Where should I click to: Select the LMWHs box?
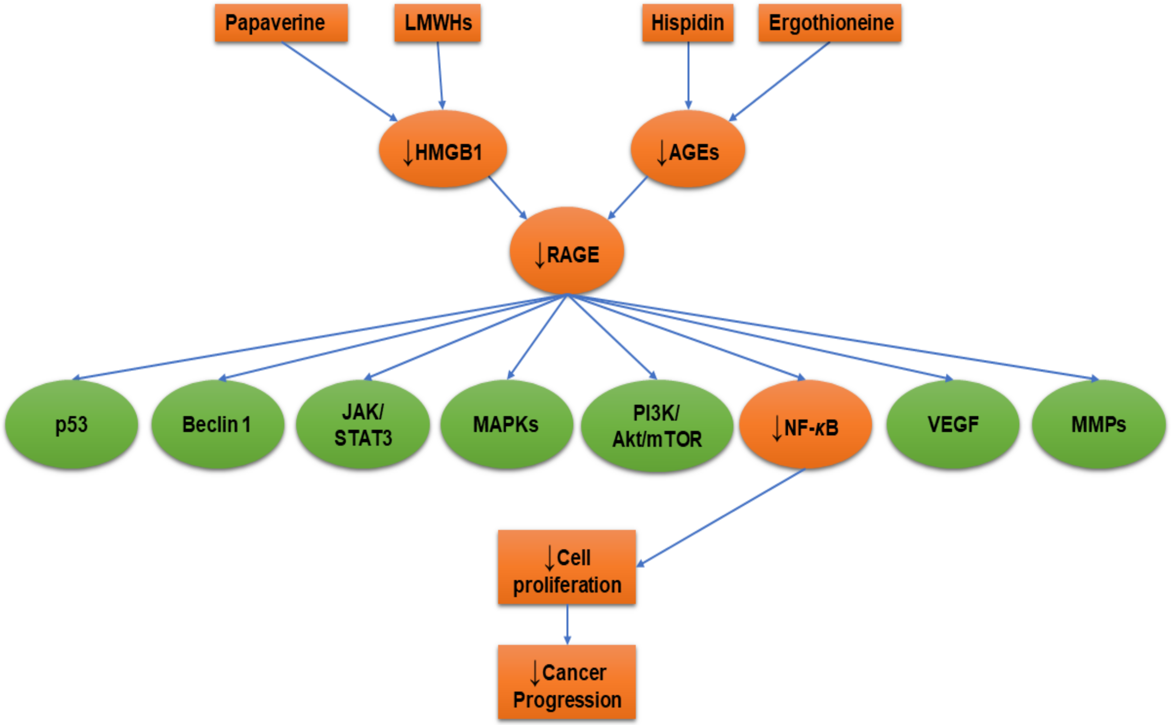tap(437, 23)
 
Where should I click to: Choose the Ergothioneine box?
tap(830, 23)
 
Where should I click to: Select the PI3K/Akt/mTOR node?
tap(657, 426)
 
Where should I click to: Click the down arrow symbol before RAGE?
tap(540, 255)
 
